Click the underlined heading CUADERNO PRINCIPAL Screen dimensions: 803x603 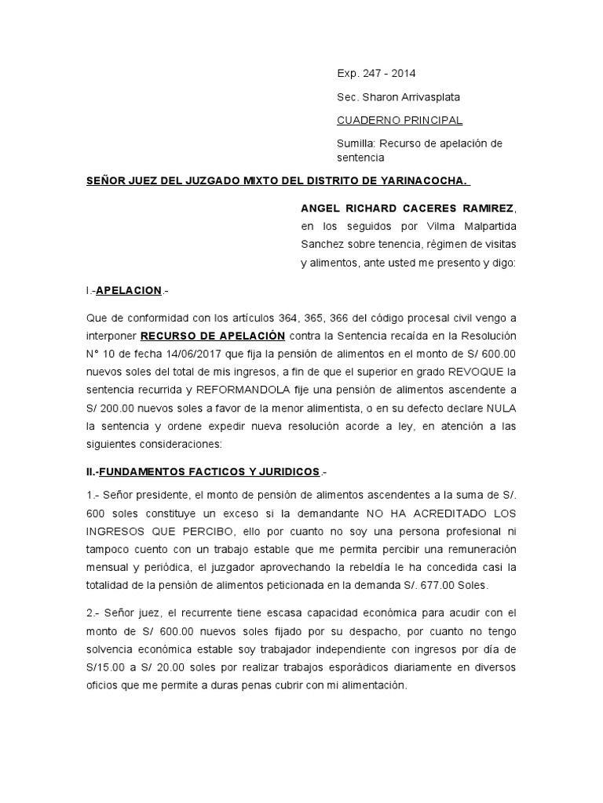tap(400, 121)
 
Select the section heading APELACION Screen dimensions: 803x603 tap(128, 291)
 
